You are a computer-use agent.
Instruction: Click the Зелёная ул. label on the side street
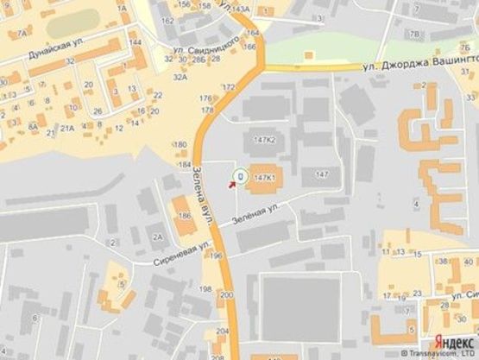(x=256, y=213)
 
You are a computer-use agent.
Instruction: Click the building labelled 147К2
(x=265, y=139)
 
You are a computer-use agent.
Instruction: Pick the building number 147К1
(x=265, y=178)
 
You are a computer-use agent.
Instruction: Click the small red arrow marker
(x=231, y=182)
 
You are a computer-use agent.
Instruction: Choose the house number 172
(x=228, y=88)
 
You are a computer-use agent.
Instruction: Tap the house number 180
(x=180, y=144)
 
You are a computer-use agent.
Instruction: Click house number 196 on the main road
(x=216, y=256)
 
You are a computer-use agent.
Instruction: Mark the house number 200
(x=225, y=295)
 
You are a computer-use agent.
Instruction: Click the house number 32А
(x=180, y=77)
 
